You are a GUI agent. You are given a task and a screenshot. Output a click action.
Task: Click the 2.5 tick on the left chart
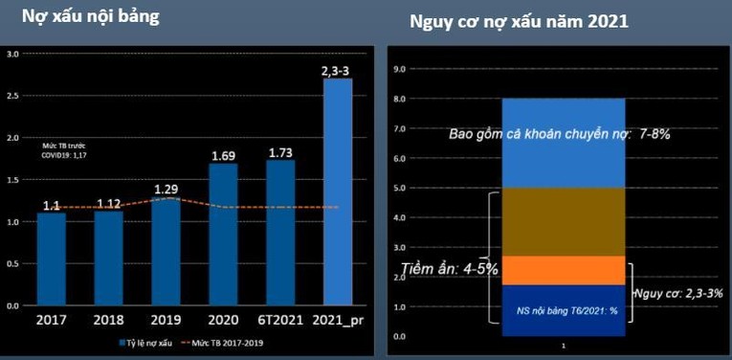coord(13,95)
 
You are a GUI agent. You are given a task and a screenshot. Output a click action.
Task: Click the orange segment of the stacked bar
coord(563,270)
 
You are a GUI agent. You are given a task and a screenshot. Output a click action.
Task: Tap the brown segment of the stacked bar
coord(563,221)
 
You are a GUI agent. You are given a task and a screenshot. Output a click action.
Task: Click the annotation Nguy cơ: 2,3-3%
coord(677,292)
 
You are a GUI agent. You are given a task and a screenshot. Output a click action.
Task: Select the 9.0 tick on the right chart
coord(399,69)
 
